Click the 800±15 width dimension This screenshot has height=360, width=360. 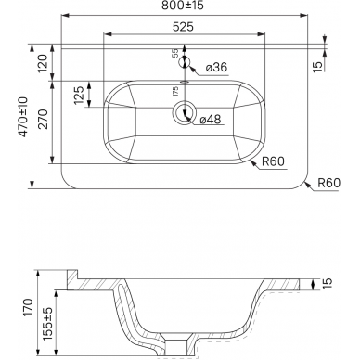click(183, 6)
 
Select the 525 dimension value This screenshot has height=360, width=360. click(183, 27)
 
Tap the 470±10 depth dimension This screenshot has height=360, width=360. click(23, 117)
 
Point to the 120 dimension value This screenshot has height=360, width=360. click(43, 63)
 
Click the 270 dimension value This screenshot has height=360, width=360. click(43, 119)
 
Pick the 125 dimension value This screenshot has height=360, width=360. click(79, 95)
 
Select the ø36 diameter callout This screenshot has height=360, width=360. click(216, 67)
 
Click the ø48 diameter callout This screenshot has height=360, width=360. click(211, 119)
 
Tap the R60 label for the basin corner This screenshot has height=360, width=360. click(273, 161)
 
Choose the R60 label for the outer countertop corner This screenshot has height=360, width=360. click(329, 183)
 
